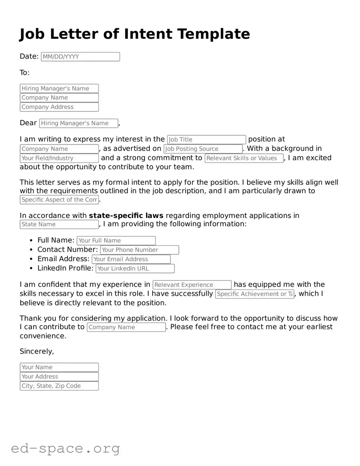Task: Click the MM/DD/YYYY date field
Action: [x=80, y=57]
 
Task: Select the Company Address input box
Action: [x=59, y=107]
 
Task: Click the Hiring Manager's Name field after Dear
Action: [x=79, y=123]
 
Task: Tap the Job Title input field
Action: [x=206, y=140]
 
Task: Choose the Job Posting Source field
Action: [x=203, y=149]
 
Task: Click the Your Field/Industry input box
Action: [x=59, y=158]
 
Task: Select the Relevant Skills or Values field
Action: [x=244, y=158]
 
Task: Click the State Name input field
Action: [x=59, y=225]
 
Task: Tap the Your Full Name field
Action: [x=116, y=241]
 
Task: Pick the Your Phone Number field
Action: [x=139, y=250]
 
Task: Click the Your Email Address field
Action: [x=131, y=259]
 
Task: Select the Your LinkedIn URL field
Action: [x=135, y=269]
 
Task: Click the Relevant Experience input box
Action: [x=192, y=285]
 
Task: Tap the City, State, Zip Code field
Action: [x=59, y=386]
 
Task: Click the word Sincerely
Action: [x=36, y=352]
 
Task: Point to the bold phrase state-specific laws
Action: [x=126, y=216]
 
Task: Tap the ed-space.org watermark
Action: [x=65, y=448]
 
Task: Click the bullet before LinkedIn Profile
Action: [x=32, y=269]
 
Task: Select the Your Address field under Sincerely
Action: [x=59, y=377]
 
